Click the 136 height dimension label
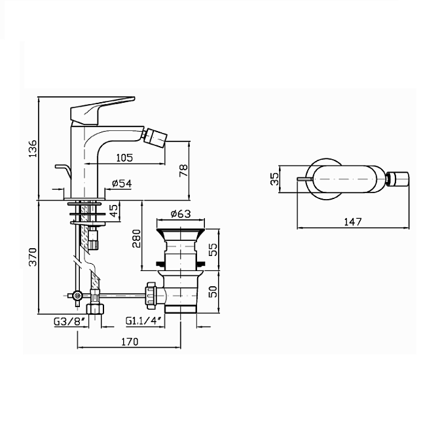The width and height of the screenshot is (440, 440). pos(33,148)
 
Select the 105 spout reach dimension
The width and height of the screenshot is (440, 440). pos(124,158)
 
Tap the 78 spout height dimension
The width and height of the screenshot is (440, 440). pos(183,171)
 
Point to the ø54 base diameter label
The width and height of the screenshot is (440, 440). pos(122,183)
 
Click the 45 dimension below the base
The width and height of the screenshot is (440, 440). pos(114,210)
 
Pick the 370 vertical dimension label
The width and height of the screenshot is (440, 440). pos(33,257)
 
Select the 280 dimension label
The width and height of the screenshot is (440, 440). pos(136,238)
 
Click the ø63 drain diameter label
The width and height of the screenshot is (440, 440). pos(181,214)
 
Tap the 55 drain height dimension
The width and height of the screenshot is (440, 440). pos(213,249)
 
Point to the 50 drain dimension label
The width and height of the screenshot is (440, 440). pos(213,291)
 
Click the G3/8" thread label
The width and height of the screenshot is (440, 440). pos(69,321)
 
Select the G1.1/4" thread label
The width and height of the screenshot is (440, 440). pos(144,321)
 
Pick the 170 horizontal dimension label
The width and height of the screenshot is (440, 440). pos(130,342)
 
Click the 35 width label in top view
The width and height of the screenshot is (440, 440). pos(275,179)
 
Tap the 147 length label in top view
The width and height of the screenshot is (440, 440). pos(353,222)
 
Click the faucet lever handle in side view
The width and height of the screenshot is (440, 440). pos(102,111)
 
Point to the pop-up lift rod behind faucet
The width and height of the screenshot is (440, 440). pos(64,171)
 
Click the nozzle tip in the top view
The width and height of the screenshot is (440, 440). pos(397,179)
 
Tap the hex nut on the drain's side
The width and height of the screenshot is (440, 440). pos(151,296)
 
